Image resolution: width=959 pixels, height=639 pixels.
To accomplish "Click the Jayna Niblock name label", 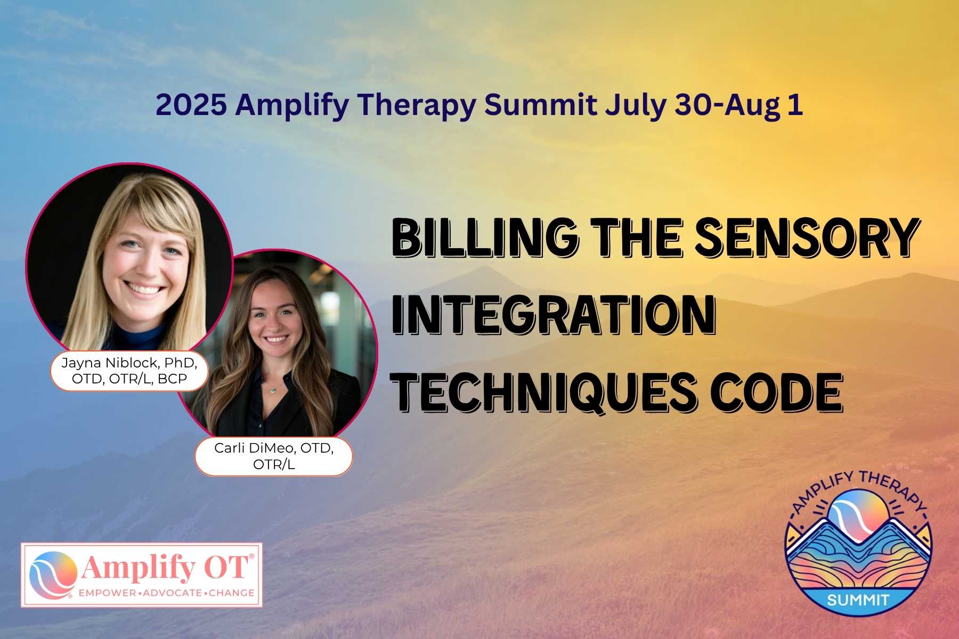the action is [x=129, y=371].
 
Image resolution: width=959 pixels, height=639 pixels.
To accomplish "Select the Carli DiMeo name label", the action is [x=274, y=456].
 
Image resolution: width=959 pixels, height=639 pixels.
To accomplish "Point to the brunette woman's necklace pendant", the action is [x=273, y=390].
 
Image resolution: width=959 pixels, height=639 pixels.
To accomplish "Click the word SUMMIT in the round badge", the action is [x=858, y=600].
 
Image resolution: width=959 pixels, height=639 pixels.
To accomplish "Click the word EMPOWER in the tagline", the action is [x=105, y=593].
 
